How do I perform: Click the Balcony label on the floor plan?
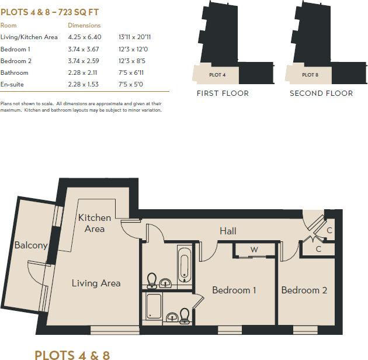(x=31, y=245)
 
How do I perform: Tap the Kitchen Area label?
(x=95, y=223)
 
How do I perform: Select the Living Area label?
(x=96, y=283)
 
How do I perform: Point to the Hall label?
(x=228, y=231)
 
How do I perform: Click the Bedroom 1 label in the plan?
(x=234, y=290)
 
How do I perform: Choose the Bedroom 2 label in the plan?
(x=304, y=290)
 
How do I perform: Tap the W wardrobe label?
(x=254, y=250)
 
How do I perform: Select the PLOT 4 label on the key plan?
(x=217, y=75)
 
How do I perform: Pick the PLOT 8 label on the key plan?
(x=310, y=75)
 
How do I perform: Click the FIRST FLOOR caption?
(x=223, y=94)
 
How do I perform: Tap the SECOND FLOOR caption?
(x=321, y=94)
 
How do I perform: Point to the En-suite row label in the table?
(x=12, y=84)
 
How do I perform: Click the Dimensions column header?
(x=84, y=26)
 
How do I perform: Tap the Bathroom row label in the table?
(x=14, y=72)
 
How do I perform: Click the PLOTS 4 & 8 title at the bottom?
(x=72, y=355)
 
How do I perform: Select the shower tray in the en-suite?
(x=154, y=306)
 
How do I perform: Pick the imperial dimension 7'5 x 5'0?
(x=131, y=84)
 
